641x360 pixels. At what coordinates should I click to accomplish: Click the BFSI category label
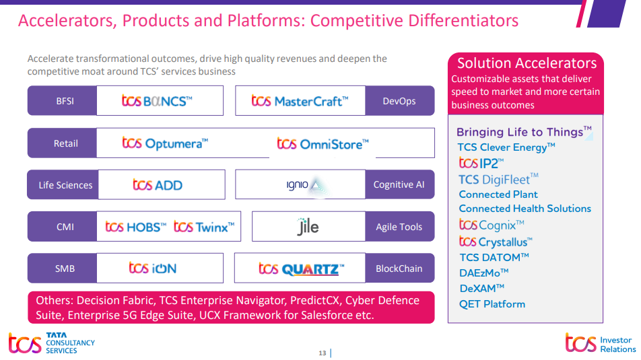tap(65, 102)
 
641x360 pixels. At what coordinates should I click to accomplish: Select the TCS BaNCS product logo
tap(157, 102)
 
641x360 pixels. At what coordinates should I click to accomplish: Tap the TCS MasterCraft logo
tap(300, 102)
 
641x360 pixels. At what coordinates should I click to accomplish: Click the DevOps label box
tap(399, 102)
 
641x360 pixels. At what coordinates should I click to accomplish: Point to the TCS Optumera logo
tap(165, 143)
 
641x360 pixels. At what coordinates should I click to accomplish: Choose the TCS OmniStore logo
tap(323, 143)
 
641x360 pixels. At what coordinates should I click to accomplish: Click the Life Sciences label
tap(65, 185)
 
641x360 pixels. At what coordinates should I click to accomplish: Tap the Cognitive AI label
tap(399, 185)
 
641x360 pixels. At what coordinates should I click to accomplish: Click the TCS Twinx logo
tap(204, 227)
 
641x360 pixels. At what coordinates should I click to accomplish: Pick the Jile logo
tap(308, 227)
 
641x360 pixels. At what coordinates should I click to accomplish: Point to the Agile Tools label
tap(399, 227)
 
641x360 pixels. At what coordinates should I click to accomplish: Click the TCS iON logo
tap(153, 268)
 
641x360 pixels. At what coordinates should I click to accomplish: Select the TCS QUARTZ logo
tap(301, 269)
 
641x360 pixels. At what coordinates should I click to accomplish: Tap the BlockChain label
tap(399, 268)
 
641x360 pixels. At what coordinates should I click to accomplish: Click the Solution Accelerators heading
tap(527, 63)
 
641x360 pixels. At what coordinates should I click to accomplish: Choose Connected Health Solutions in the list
tap(525, 209)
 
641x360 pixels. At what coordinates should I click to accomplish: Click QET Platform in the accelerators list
tap(492, 304)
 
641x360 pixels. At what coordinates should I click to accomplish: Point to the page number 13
tap(322, 353)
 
